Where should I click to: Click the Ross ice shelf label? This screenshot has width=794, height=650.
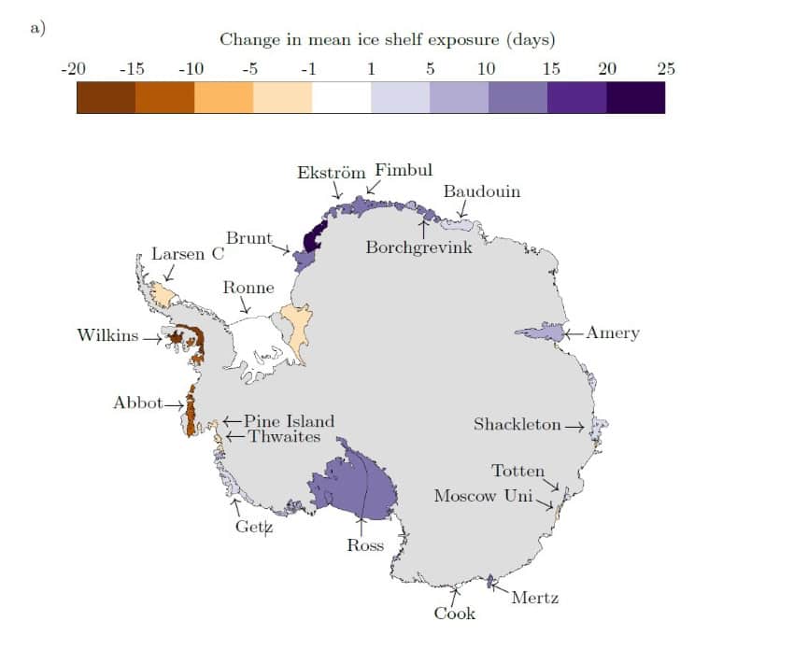click(x=365, y=545)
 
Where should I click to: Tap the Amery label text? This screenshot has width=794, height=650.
click(x=613, y=333)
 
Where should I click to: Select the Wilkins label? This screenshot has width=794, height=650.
click(x=106, y=335)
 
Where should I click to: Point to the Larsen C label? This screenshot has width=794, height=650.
click(x=189, y=254)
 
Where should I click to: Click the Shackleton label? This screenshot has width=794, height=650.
click(x=518, y=424)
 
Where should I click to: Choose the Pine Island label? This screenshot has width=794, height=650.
click(x=289, y=421)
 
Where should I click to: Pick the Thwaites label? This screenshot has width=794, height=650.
click(x=284, y=436)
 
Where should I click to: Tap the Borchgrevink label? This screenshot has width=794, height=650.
click(x=419, y=248)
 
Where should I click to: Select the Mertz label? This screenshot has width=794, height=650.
click(x=534, y=598)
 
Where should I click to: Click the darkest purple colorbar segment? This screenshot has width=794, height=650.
click(x=635, y=97)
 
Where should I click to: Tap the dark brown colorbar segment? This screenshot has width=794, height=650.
click(x=106, y=97)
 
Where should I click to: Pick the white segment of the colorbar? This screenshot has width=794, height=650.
click(x=341, y=97)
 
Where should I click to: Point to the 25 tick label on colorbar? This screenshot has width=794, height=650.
click(x=665, y=68)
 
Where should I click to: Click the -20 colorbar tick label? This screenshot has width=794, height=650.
click(x=73, y=68)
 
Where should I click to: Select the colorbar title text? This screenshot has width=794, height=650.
click(x=387, y=40)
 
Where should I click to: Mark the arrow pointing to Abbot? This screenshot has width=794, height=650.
click(x=176, y=404)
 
